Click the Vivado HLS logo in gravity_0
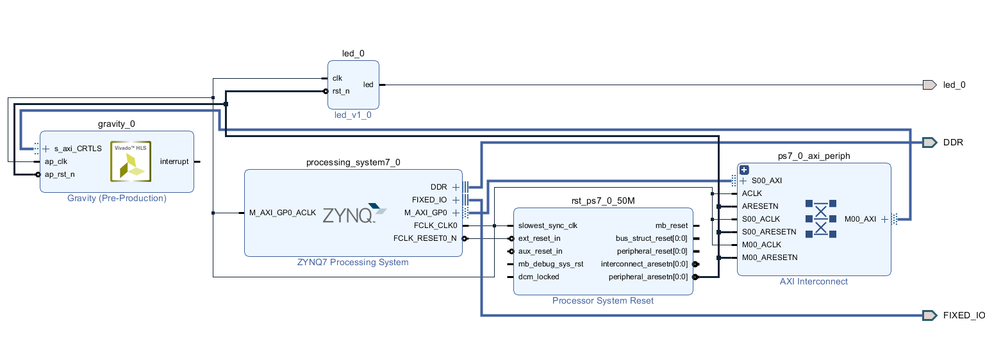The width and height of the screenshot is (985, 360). point(131,161)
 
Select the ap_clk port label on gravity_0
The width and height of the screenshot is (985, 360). point(56,161)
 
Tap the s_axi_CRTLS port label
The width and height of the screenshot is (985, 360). point(78,149)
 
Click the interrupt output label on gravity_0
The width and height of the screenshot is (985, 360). point(174,161)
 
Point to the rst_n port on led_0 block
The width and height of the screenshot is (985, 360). point(341,91)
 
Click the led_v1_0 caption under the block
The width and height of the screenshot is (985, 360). point(352,115)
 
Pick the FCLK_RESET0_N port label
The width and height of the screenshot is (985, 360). point(425,238)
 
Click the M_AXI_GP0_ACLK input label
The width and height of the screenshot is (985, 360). point(283,213)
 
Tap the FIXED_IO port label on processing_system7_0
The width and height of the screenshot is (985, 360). point(431,200)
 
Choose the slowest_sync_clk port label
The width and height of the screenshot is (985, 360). point(547,225)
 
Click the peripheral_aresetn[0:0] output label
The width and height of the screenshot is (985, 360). point(647,277)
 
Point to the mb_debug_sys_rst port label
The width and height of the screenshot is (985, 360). point(550,264)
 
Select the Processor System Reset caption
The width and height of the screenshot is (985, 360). point(603,300)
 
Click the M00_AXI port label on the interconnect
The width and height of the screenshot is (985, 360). point(860,219)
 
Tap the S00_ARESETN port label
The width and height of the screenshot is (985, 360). point(768,232)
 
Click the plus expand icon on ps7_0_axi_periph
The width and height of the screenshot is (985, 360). point(744,170)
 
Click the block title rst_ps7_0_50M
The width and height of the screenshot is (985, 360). point(603,200)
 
